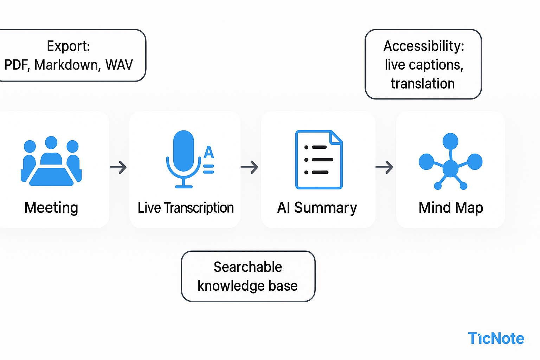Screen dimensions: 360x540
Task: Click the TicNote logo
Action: (x=496, y=339)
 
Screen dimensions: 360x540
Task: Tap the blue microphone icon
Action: (x=184, y=155)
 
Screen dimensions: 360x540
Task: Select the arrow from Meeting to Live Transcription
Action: (x=118, y=167)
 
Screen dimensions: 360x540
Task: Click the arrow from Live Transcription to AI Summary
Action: (x=250, y=167)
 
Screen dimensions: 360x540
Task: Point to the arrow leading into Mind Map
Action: (x=385, y=167)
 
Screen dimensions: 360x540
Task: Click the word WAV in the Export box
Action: (x=119, y=65)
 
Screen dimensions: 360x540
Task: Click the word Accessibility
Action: (x=424, y=46)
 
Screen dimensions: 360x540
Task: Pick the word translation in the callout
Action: (x=423, y=84)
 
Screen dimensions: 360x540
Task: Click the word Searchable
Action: (x=248, y=267)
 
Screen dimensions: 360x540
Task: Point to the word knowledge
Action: (x=231, y=286)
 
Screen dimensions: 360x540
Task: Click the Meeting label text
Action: (x=51, y=207)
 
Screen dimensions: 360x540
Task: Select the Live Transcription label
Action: (x=186, y=208)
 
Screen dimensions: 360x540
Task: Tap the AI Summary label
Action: (x=317, y=208)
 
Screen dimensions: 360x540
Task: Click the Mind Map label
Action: (x=451, y=208)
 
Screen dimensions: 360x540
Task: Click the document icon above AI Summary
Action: (x=319, y=160)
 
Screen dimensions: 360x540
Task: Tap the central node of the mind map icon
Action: (x=450, y=168)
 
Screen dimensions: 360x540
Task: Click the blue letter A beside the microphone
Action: (x=209, y=152)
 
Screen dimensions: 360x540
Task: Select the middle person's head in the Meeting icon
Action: (x=51, y=142)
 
